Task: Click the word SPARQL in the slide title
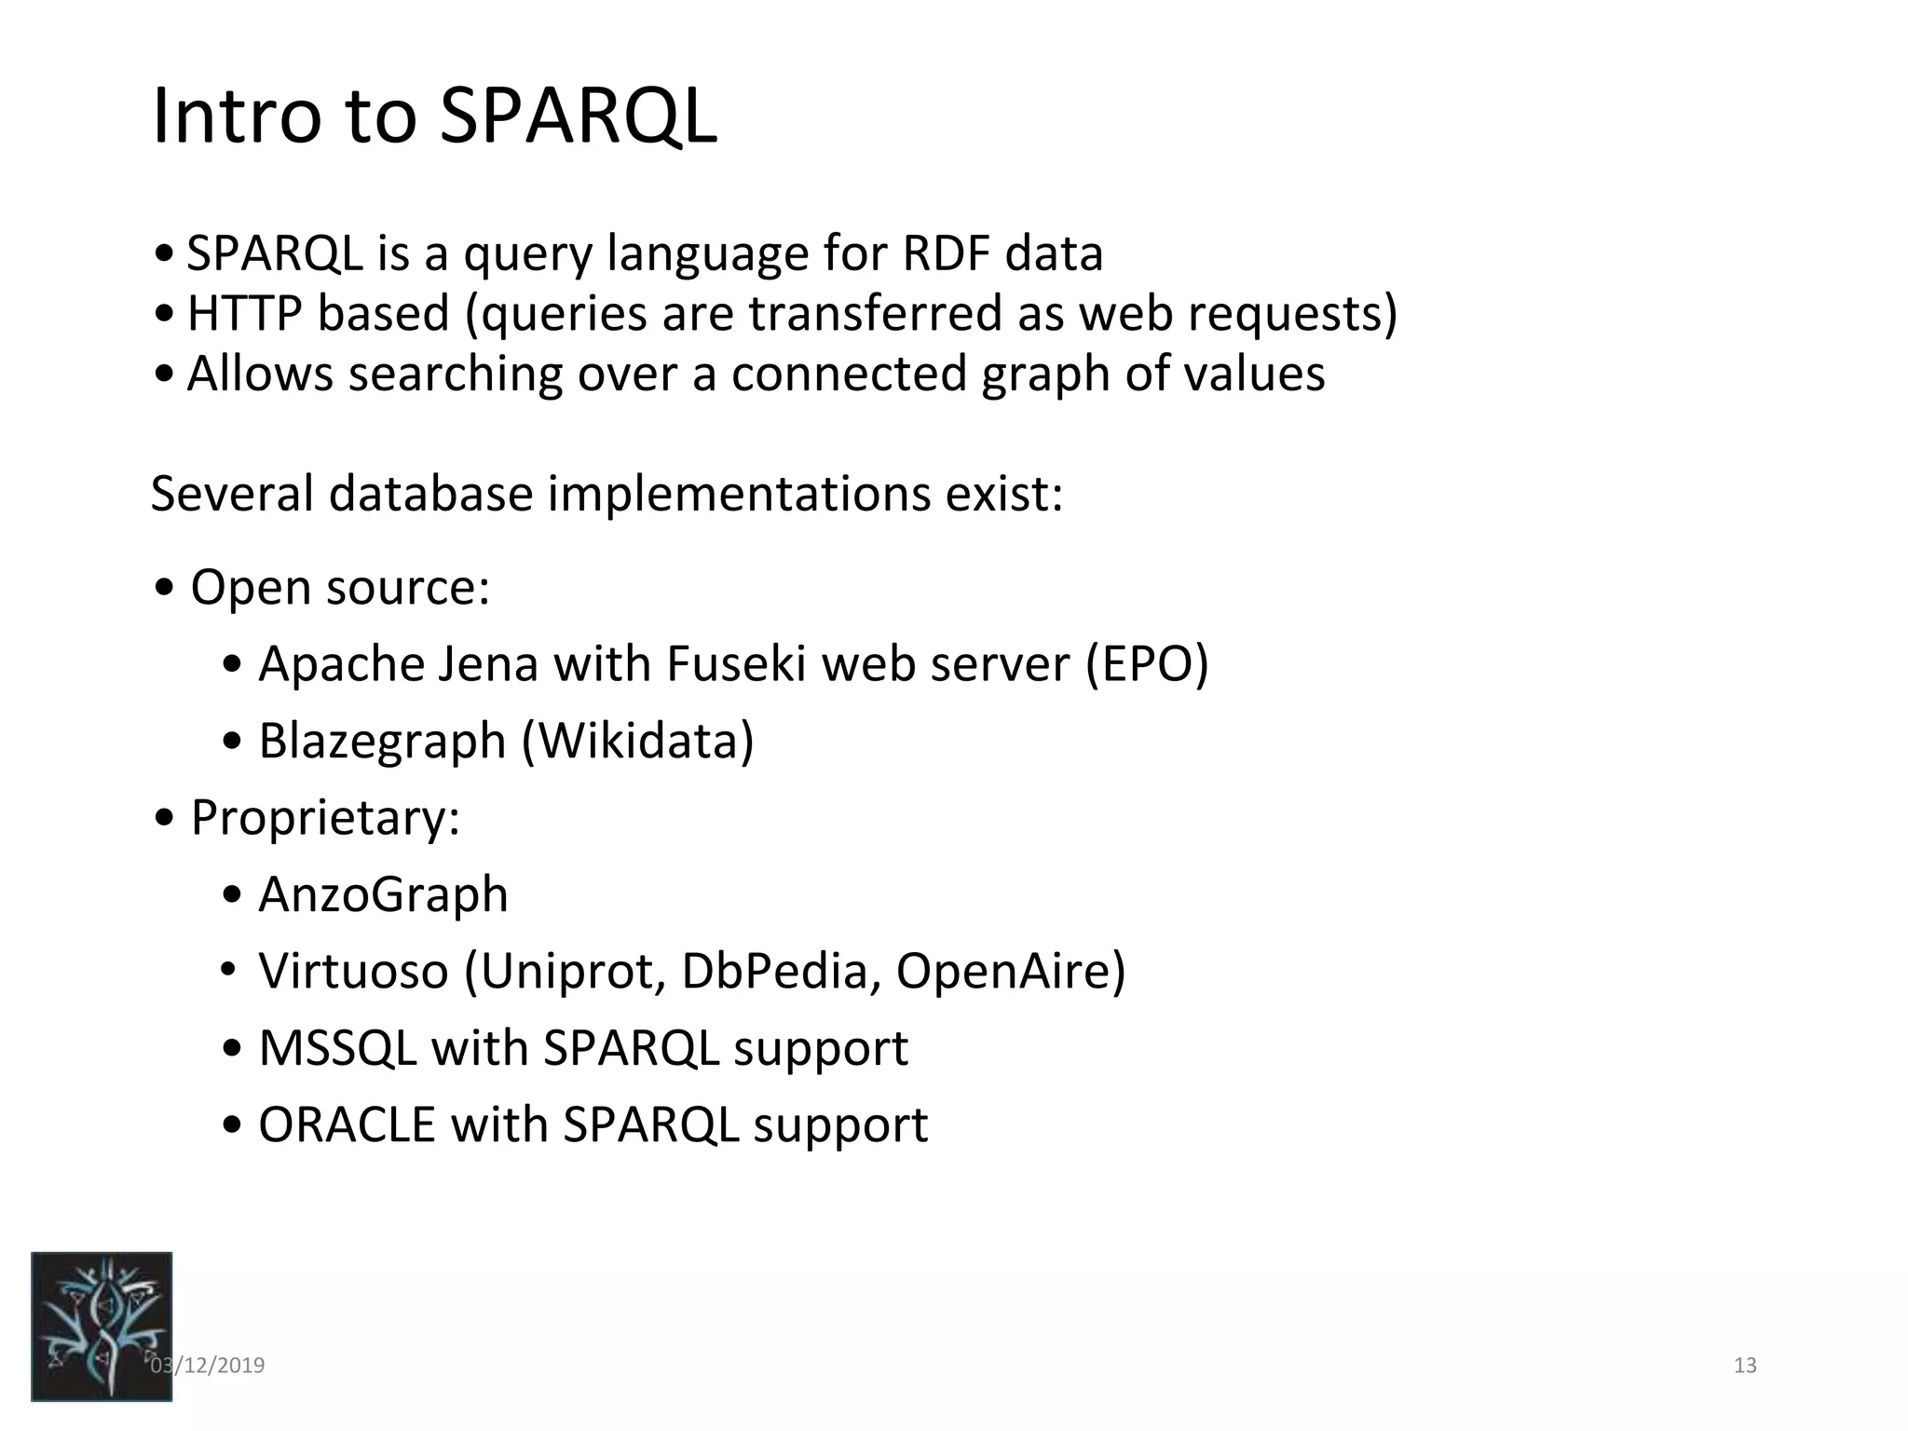[578, 116]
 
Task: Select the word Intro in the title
[237, 116]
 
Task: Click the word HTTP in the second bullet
[244, 312]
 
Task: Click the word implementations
[738, 493]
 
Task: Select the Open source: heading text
[340, 587]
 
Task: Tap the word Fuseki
[735, 664]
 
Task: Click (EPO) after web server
[1146, 664]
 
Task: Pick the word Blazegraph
[382, 741]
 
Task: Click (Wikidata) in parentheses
[637, 741]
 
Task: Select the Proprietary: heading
[325, 818]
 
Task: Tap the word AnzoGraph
[383, 894]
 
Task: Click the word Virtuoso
[353, 971]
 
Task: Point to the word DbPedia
[781, 971]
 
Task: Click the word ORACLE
[347, 1124]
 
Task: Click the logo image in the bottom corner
[102, 1326]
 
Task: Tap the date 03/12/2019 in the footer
[208, 1366]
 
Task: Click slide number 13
[1744, 1366]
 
